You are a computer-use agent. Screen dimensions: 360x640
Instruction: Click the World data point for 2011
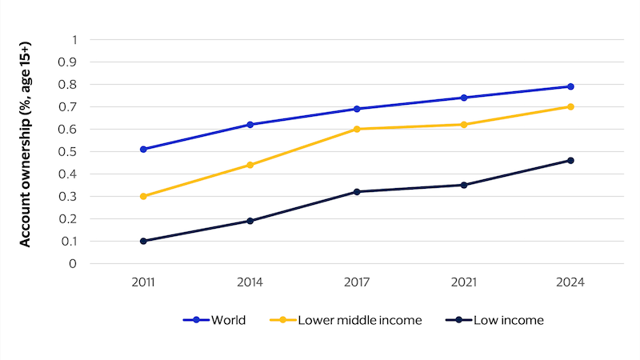pos(143,149)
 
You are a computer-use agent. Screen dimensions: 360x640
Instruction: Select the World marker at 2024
pos(570,86)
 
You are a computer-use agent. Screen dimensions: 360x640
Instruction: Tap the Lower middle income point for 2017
pos(357,129)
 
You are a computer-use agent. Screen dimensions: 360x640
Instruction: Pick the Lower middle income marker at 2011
pos(143,196)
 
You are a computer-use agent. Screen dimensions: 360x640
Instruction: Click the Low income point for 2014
pos(250,221)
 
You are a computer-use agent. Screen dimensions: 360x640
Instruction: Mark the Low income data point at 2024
pos(570,160)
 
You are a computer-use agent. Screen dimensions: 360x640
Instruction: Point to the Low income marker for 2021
pos(463,185)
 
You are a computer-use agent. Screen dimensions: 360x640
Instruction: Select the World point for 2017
pos(357,109)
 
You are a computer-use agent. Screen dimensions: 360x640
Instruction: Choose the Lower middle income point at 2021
pos(463,124)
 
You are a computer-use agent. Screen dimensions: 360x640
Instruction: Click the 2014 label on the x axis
pos(250,282)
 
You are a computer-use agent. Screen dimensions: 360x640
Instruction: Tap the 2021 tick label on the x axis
pos(463,282)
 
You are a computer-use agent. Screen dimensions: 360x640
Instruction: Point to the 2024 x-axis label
pos(570,282)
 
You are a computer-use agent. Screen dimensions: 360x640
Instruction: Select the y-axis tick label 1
pos(74,39)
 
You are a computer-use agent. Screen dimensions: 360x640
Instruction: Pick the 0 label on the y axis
pos(74,263)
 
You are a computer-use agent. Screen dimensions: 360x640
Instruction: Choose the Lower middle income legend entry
pos(352,320)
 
